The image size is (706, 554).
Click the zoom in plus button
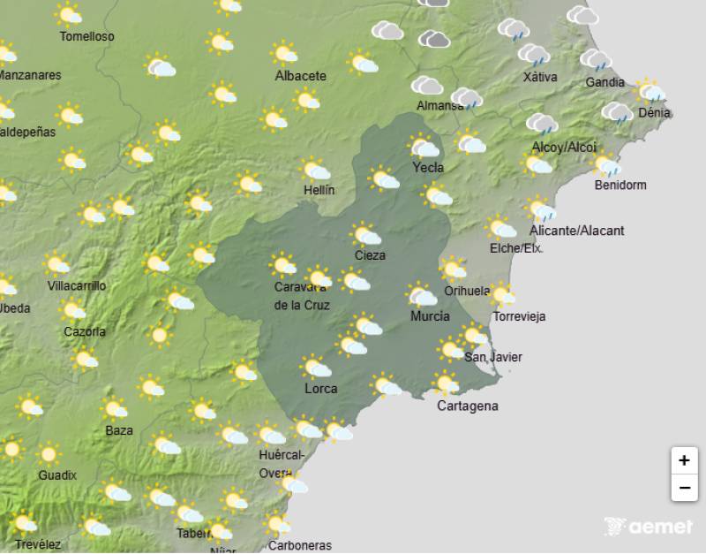(x=684, y=460)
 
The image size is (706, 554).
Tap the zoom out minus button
(x=684, y=487)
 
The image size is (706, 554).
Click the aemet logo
(x=648, y=527)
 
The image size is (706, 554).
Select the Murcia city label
(x=430, y=316)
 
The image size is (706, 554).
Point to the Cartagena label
(x=468, y=406)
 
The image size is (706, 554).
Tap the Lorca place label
(x=320, y=388)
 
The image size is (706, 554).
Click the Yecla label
(x=428, y=168)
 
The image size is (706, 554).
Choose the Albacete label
(x=300, y=76)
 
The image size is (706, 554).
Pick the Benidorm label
(x=620, y=186)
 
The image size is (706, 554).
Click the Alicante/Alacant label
(x=576, y=231)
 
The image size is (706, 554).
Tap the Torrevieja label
(x=520, y=316)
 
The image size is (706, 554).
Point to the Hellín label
(x=318, y=190)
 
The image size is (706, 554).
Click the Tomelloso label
(x=86, y=36)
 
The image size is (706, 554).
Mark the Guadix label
(x=57, y=475)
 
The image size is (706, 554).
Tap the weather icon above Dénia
(x=651, y=91)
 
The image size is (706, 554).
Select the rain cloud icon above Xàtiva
(x=534, y=56)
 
